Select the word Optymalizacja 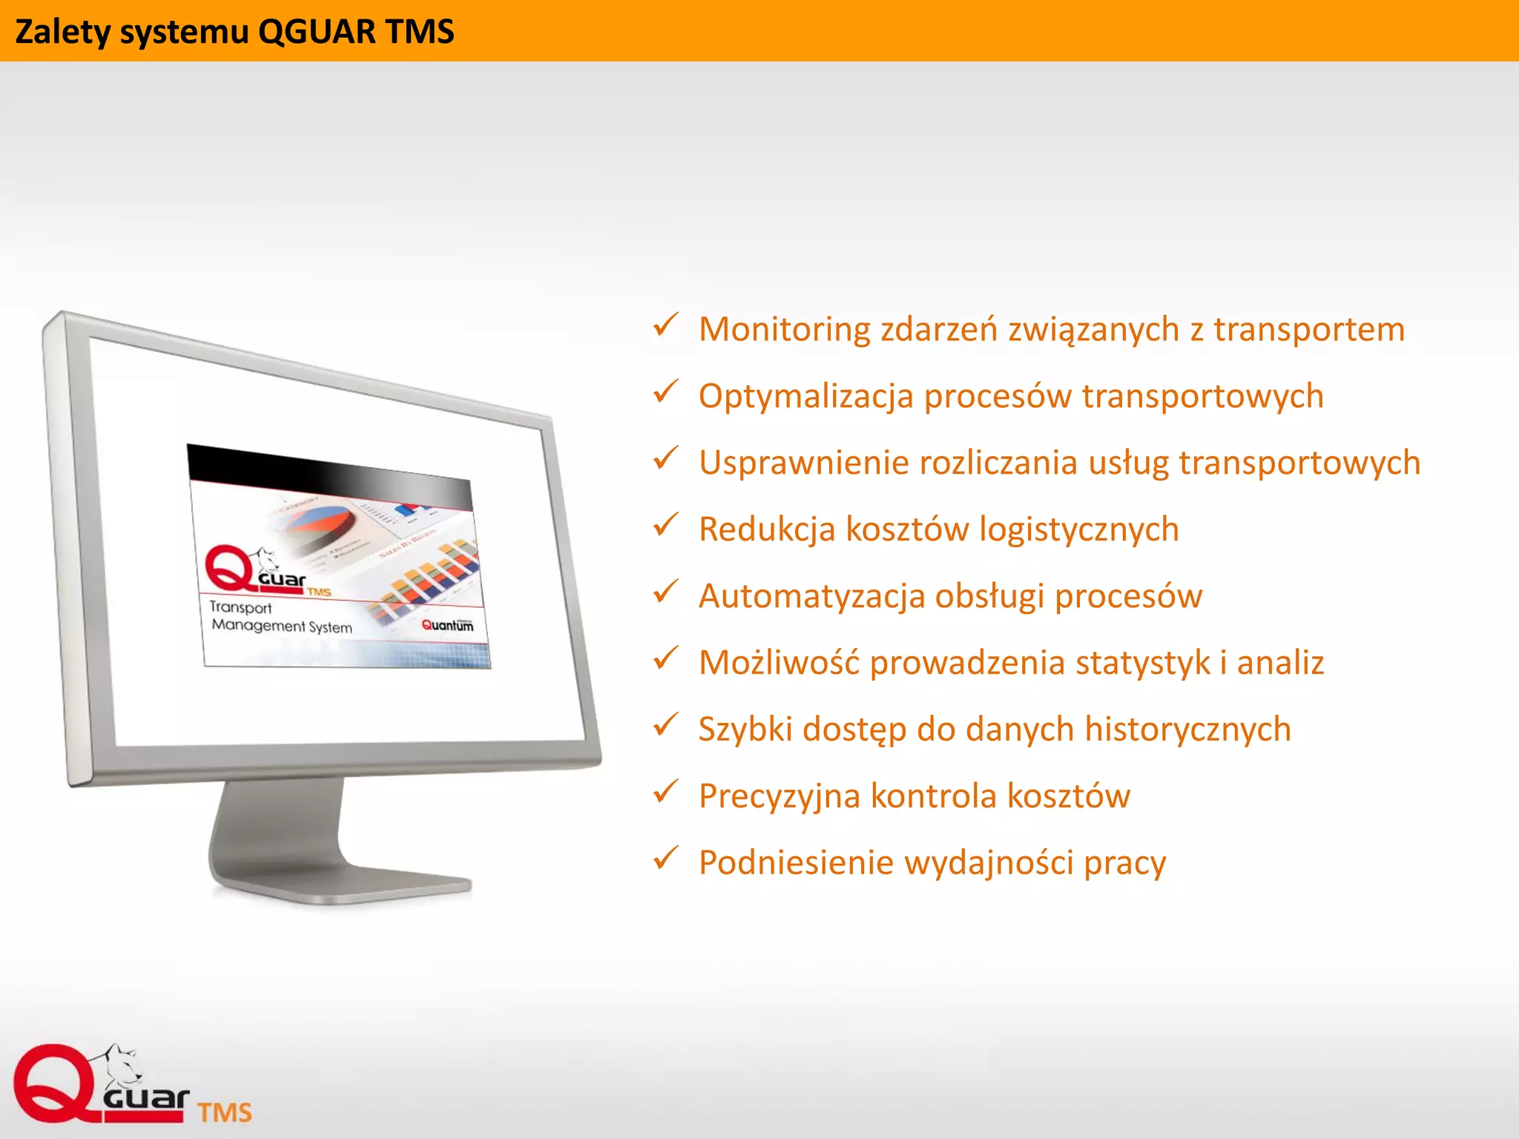(x=805, y=396)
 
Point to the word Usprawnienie (x=803, y=463)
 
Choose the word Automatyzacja (x=811, y=596)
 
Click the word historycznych (x=1187, y=730)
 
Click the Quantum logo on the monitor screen (x=447, y=625)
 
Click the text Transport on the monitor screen (x=240, y=607)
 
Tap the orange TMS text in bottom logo (x=225, y=1112)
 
